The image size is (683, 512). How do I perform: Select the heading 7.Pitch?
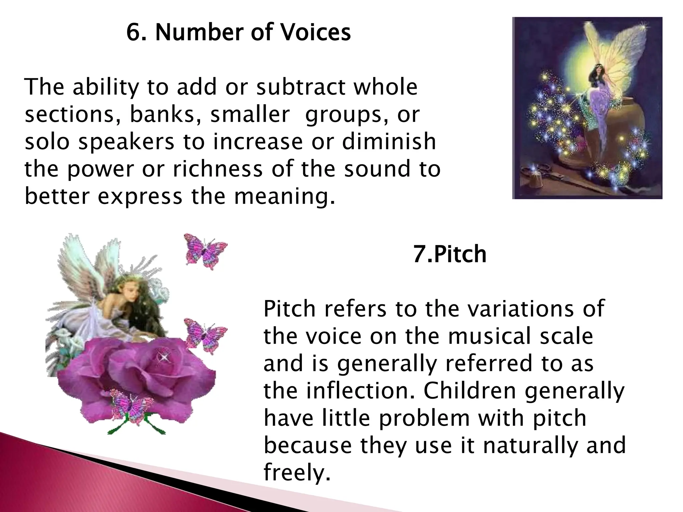coord(450,254)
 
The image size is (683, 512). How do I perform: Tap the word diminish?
coord(389,141)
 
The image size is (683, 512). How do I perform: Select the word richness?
coord(217,169)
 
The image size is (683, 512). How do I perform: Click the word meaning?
coord(284,197)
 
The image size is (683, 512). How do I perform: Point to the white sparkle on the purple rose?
coord(164,357)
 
